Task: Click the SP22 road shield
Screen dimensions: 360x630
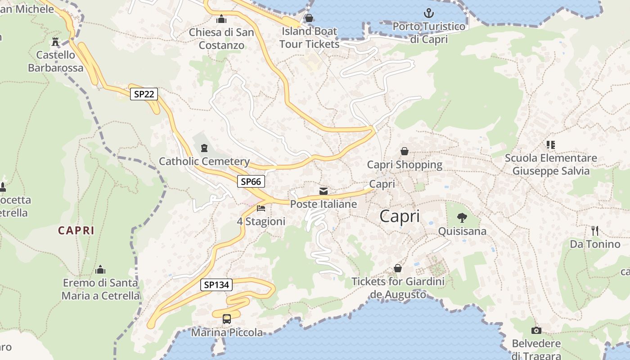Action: [144, 94]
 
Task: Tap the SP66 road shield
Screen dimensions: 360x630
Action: [251, 181]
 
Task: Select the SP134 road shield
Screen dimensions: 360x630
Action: [216, 284]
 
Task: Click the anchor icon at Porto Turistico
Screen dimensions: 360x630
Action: [429, 13]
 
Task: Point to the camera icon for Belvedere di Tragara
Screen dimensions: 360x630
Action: [536, 331]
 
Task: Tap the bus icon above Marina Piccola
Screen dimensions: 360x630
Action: [227, 319]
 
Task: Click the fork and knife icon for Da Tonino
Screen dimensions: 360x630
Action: [595, 231]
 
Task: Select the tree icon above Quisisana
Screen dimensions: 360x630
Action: [462, 218]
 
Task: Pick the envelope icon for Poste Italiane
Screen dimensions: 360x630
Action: [323, 191]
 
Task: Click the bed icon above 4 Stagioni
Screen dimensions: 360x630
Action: [261, 208]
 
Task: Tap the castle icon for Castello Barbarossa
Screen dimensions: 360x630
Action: [55, 42]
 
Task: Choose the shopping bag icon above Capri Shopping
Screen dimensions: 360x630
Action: [405, 151]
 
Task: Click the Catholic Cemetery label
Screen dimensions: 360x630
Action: [204, 161]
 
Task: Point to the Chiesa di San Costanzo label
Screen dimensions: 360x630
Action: [221, 39]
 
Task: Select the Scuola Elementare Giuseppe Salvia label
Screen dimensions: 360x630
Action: [551, 164]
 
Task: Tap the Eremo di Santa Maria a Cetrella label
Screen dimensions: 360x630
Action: [101, 289]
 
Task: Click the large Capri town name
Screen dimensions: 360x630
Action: [400, 216]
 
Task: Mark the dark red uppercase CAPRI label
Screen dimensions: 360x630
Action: [76, 230]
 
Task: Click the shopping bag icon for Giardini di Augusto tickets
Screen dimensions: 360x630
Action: [398, 268]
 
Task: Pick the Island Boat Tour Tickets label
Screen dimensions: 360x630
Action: [309, 38]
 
